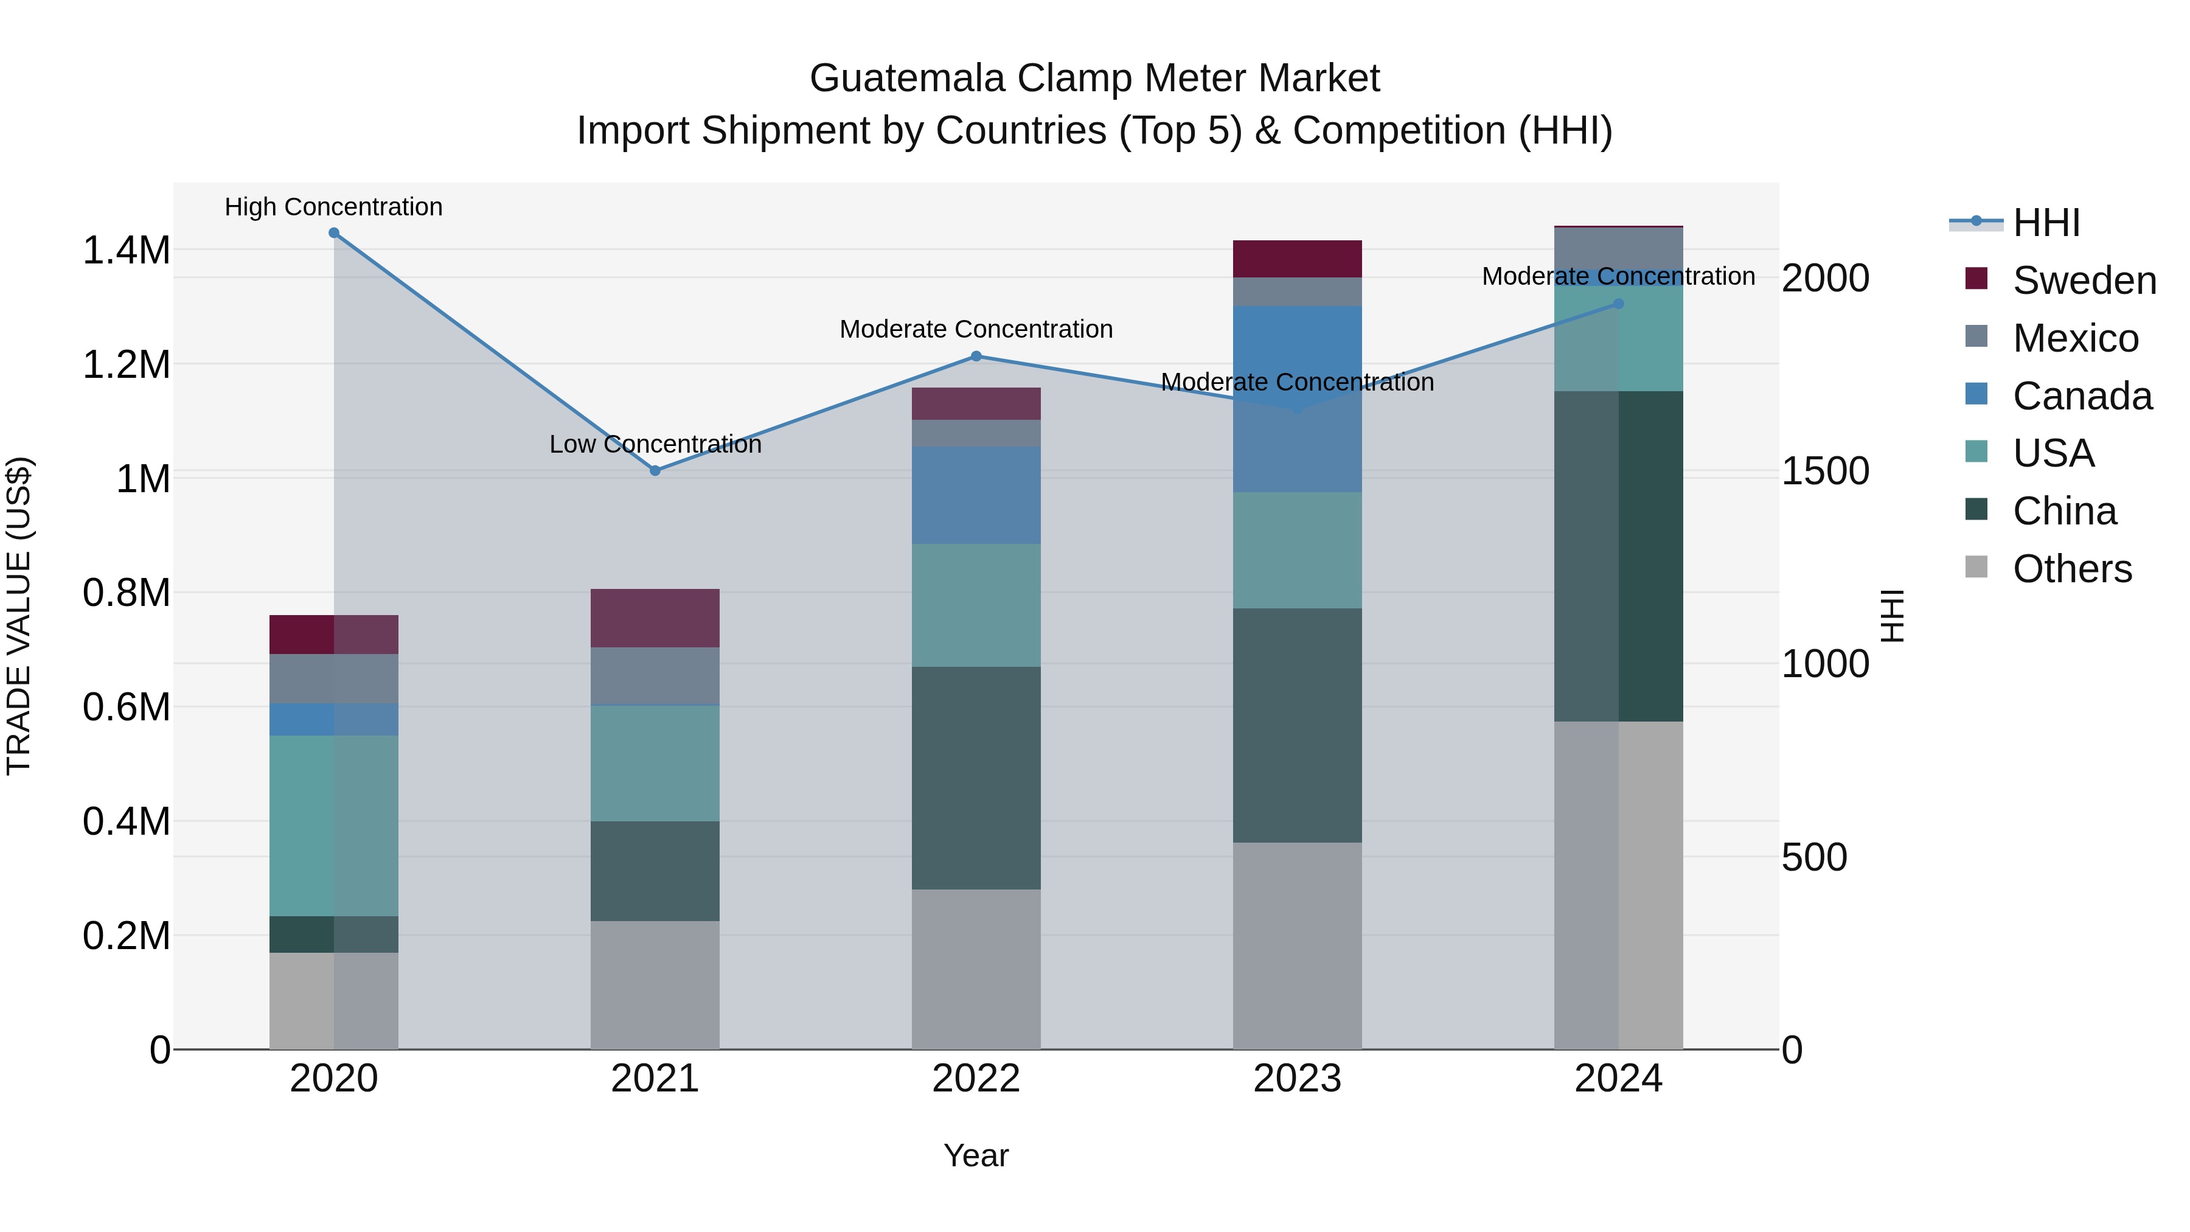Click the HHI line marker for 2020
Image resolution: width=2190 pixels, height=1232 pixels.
(334, 233)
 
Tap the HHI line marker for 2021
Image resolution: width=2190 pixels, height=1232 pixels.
(655, 470)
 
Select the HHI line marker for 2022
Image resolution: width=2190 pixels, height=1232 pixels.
(976, 357)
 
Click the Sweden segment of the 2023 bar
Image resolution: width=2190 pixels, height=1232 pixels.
(1298, 259)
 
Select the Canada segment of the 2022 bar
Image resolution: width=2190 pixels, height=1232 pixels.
(976, 495)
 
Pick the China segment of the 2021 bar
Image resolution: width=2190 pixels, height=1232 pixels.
(655, 871)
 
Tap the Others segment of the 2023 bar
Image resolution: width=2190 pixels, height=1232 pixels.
(1298, 945)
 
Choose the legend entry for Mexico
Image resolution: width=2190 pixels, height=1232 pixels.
(2074, 338)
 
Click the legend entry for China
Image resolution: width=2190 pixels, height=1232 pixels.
(2064, 511)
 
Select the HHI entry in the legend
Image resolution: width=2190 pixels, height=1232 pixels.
(2045, 223)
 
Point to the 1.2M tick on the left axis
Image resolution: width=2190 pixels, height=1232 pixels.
(127, 365)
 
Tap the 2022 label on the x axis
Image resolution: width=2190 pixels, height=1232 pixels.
(976, 1079)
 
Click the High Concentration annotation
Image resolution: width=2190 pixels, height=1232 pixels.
(333, 207)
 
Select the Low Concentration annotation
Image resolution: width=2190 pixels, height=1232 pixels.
(655, 444)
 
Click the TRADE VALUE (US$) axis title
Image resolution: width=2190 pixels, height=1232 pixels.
(19, 616)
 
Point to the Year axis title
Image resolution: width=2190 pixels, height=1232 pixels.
(976, 1155)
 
